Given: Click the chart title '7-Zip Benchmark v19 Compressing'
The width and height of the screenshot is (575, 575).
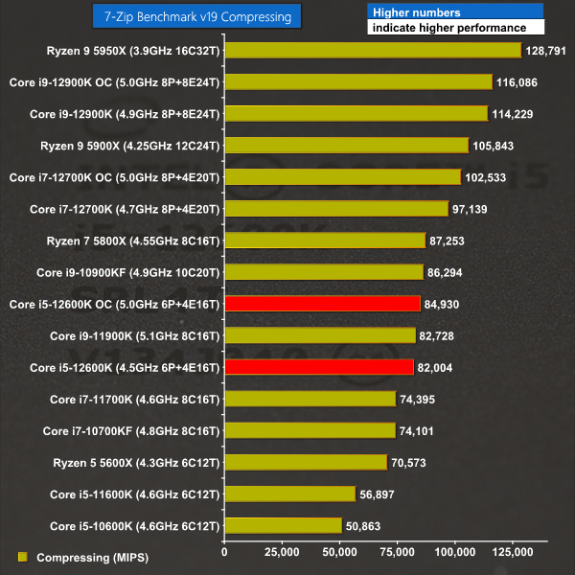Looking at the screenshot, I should click(x=198, y=16).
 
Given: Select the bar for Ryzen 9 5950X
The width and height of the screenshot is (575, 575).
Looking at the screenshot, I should click(x=372, y=51).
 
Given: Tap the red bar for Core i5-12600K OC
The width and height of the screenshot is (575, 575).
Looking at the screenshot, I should click(x=322, y=304).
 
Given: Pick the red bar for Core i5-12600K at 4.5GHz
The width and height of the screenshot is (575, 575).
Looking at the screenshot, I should click(x=319, y=367).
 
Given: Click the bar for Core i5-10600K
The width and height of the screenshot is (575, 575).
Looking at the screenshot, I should click(x=283, y=525).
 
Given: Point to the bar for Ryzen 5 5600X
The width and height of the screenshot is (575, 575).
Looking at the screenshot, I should click(x=306, y=462).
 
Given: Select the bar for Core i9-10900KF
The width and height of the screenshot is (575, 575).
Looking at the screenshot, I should click(x=324, y=272).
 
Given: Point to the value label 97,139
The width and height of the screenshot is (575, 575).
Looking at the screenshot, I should click(x=472, y=209).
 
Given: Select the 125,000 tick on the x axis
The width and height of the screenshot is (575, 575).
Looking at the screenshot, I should click(x=513, y=553).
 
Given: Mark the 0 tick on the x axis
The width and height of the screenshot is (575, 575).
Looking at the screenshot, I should click(x=224, y=553).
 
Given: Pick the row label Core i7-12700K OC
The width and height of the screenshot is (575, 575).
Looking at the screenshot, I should click(x=114, y=177).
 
